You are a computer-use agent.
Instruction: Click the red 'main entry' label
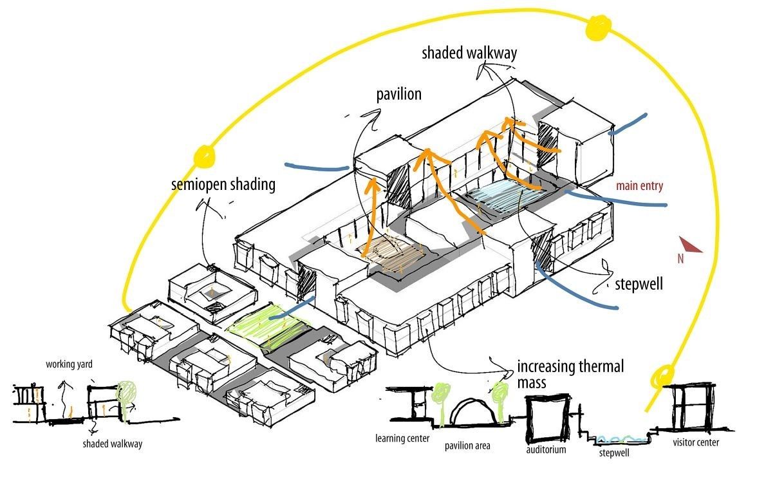click(x=639, y=187)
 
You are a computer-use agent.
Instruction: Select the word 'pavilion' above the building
click(x=398, y=95)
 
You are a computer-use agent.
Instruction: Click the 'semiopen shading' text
click(x=223, y=185)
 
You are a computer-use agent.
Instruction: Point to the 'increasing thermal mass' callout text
click(x=570, y=374)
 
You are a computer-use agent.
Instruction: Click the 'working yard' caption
click(x=69, y=364)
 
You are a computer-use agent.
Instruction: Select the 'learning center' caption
click(x=398, y=439)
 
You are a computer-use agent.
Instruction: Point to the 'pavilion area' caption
click(x=467, y=446)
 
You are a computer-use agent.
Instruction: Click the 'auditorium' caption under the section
click(x=545, y=449)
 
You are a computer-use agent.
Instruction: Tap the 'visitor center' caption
click(x=696, y=442)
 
